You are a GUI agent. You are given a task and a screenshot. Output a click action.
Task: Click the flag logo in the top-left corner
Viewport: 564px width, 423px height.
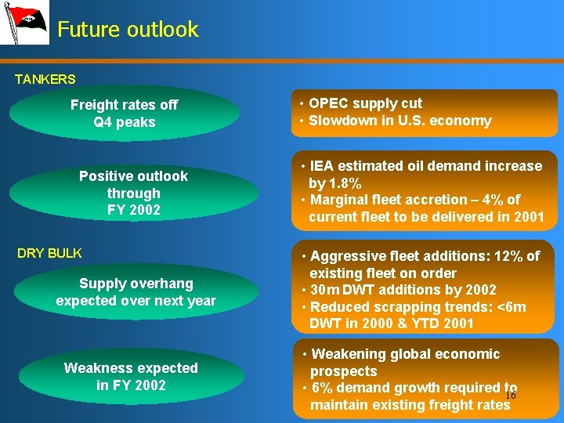(x=24, y=23)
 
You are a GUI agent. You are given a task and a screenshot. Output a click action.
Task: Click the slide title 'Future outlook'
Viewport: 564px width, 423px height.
(x=128, y=30)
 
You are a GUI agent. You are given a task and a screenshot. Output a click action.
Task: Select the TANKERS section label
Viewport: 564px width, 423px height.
(x=45, y=79)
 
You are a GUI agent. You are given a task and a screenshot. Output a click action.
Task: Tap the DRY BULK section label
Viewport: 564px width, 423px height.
(x=49, y=253)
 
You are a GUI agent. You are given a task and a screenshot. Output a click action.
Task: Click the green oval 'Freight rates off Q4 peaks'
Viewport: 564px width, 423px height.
(x=125, y=114)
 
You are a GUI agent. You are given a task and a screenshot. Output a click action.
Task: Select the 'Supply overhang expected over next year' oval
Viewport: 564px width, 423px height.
(x=136, y=291)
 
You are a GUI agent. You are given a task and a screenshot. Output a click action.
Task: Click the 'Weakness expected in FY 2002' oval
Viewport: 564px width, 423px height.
(x=131, y=376)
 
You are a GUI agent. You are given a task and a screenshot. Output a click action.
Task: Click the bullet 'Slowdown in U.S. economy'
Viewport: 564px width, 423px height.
(x=399, y=121)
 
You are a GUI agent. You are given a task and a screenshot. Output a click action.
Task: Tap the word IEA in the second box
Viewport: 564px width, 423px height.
(x=322, y=166)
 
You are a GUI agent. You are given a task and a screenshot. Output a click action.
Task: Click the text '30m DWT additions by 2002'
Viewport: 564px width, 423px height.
(x=403, y=290)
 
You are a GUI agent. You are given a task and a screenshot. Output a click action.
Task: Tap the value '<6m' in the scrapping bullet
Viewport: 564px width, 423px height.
(x=510, y=307)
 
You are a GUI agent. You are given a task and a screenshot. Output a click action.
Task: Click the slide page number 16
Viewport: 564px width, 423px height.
(x=510, y=396)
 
